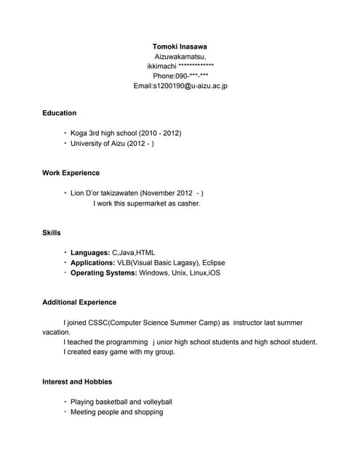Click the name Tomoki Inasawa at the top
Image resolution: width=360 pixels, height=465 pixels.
(x=180, y=46)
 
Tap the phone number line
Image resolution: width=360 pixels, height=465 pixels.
(x=180, y=76)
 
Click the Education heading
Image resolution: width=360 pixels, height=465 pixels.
(x=59, y=113)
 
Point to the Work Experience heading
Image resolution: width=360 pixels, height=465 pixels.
(x=71, y=173)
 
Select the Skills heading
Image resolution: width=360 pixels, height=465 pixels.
(x=51, y=232)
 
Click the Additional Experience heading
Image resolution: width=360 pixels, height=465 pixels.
(x=79, y=302)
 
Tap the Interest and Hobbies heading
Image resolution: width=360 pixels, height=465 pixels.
(x=76, y=381)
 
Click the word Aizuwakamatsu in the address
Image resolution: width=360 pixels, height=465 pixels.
(x=180, y=56)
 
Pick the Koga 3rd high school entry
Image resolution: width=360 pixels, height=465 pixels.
(x=126, y=134)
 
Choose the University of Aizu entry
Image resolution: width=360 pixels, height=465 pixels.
(x=112, y=144)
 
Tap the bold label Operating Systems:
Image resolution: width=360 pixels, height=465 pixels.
(x=103, y=272)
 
